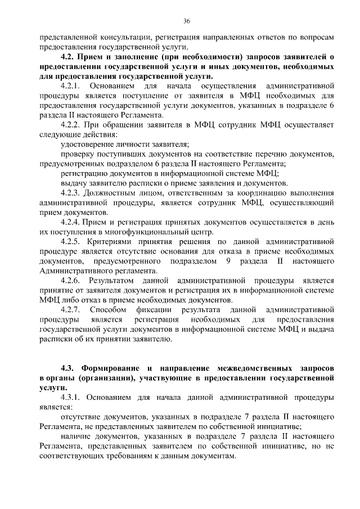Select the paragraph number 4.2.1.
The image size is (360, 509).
(x=70, y=86)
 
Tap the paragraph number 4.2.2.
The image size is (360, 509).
(x=70, y=125)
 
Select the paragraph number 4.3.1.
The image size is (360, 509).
(x=70, y=398)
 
